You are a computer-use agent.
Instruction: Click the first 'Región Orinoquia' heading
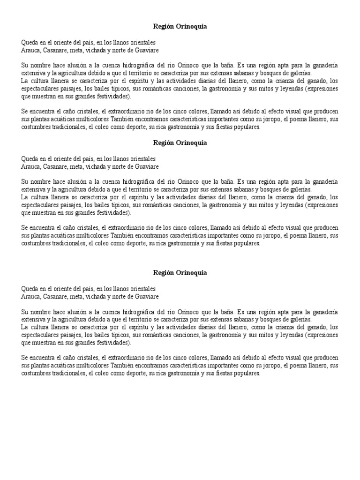(x=180, y=27)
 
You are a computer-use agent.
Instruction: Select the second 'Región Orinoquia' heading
(x=180, y=142)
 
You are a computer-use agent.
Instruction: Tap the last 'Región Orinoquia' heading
(x=180, y=272)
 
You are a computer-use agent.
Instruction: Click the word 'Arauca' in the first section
(x=31, y=50)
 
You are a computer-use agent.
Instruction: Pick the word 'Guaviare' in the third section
(x=147, y=297)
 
